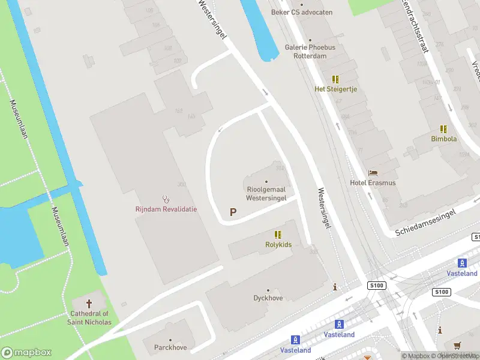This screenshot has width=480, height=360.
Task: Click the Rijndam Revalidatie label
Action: pos(166,209)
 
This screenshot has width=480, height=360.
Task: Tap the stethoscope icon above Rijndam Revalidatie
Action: pos(166,199)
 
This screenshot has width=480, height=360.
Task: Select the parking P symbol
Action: pos(233,212)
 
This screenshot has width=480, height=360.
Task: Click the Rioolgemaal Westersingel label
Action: pos(266,193)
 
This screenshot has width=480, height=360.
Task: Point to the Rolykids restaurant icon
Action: pos(278,235)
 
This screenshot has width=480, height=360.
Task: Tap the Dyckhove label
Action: pos(268,298)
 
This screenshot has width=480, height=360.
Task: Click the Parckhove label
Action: pos(170,347)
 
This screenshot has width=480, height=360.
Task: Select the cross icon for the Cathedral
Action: pos(90,304)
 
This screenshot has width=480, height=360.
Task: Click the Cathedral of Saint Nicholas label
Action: pos(89,318)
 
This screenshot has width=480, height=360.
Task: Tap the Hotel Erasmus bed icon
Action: pos(373,173)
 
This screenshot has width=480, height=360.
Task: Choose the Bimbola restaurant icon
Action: pos(443,129)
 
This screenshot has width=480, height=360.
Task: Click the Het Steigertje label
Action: pos(335,89)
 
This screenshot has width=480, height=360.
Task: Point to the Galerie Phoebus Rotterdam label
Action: pos(310,52)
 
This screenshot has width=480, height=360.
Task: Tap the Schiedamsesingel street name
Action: pos(426,223)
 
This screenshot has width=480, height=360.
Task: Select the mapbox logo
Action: pos(26,353)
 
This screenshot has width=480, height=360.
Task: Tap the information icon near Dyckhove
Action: pos(335,288)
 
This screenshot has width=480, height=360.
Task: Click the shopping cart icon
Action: pos(458,345)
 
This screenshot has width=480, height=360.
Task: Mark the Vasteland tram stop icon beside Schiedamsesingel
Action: pos(462,263)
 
